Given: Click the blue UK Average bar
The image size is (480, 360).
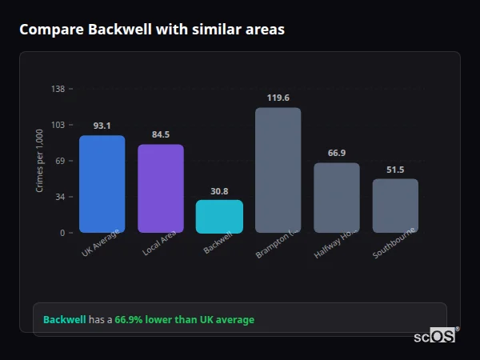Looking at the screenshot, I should pos(102,184).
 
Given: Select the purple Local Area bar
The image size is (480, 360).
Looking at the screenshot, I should pos(161,189).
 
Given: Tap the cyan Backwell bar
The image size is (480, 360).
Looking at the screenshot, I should pos(219,217).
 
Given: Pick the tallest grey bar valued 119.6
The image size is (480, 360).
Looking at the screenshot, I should pos(278,170).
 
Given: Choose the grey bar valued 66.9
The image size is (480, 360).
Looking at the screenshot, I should pos(337,198).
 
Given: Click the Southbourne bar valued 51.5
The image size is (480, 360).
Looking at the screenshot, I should pos(395,206).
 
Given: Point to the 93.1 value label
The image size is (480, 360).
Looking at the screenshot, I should pos(102,126).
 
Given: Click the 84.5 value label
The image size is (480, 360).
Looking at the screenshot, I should pos(161,134).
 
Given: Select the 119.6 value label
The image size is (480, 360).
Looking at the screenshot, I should pos(278,98).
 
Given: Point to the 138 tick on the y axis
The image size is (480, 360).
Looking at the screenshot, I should pos(58,89).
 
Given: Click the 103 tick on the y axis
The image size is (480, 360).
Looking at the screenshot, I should pos(58,125).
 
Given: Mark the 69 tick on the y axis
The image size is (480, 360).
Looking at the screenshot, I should pos(60,161).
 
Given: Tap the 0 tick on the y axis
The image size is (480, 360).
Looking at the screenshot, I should pos(62,233).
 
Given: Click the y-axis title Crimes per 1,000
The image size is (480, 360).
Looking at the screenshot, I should pos(40,161).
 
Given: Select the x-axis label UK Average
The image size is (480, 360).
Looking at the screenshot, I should pos(101,244).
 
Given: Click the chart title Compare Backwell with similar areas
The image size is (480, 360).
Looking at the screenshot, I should pos(152,30).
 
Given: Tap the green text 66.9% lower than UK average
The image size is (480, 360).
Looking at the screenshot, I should pos(184,320).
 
